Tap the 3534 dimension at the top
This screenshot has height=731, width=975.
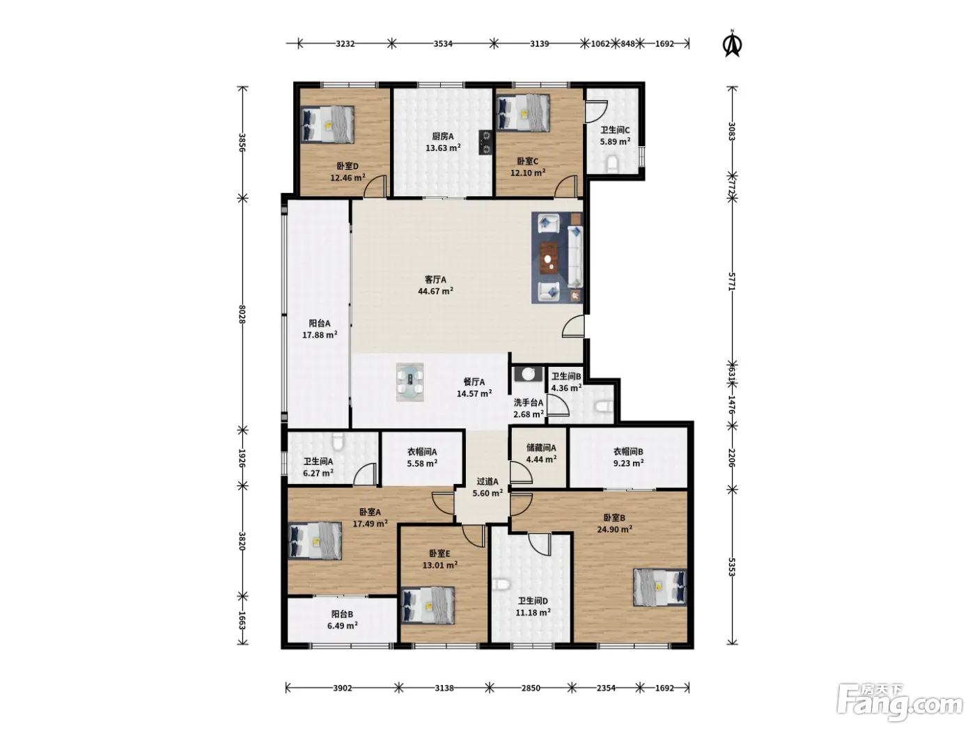coord(443,43)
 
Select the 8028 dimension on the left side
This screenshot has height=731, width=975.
coord(242,314)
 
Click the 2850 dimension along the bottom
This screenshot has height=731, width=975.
coord(531,688)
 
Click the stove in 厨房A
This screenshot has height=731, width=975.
coord(486,142)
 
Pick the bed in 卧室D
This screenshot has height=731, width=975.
coord(328,125)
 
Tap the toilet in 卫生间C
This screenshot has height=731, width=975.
coord(612,164)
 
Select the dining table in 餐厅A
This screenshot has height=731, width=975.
coord(409,382)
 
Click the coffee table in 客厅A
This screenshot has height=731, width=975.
coord(549,258)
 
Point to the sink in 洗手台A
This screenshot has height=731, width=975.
coord(528,374)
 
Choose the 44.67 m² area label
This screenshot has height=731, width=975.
coord(435,291)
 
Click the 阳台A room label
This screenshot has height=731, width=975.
coord(320,324)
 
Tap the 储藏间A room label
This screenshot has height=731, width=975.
coord(541,448)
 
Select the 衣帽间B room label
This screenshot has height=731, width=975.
coord(628,451)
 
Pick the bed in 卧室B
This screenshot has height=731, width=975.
coord(660,587)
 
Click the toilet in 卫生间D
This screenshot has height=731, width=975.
coord(501,585)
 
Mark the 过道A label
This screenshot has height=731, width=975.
coord(487,481)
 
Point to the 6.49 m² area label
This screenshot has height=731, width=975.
coord(342,625)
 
